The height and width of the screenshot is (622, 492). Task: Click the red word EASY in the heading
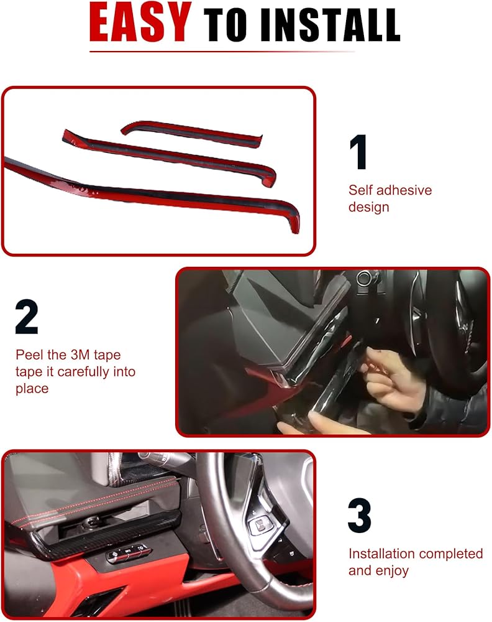[140, 22]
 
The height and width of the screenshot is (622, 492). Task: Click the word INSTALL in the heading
[330, 25]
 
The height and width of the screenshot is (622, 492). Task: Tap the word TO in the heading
[225, 25]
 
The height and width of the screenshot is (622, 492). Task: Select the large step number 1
[358, 152]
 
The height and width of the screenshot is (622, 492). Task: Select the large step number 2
[27, 317]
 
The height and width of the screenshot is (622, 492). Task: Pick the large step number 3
[360, 515]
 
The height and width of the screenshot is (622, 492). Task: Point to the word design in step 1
[369, 207]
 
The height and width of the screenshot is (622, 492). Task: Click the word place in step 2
[32, 389]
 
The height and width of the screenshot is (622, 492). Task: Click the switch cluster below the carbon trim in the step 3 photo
[129, 552]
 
